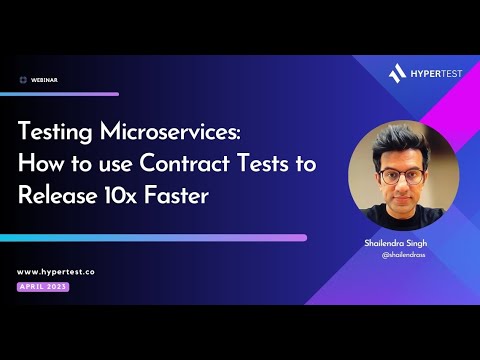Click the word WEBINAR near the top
[x=44, y=79]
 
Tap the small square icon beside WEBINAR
[x=23, y=79]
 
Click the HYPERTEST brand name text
[x=432, y=72]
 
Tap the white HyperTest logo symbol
[x=396, y=72]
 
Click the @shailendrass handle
[x=404, y=255]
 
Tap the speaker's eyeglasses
[x=403, y=176]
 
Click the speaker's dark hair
[x=403, y=145]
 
